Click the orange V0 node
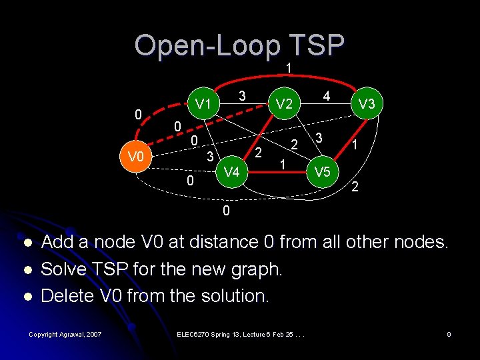tap(136, 157)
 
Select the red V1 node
tap(203, 104)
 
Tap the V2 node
tap(284, 104)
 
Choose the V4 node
tap(231, 172)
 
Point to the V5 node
tap(323, 172)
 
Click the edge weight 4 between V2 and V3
tap(327, 96)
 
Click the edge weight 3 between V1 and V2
tap(243, 96)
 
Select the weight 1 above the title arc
tap(288, 68)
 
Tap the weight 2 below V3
tap(355, 187)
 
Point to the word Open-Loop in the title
tap(207, 45)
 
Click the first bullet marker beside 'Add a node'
tap(26, 243)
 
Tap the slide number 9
tap(449, 334)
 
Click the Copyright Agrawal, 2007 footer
tap(65, 334)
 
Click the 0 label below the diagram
tap(227, 211)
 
